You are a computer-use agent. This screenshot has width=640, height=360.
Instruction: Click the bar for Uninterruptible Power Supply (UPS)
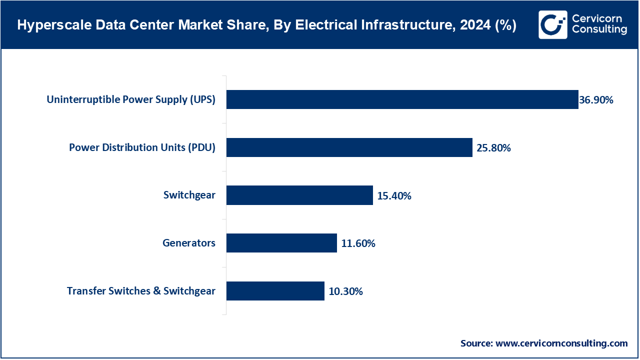click(x=402, y=99)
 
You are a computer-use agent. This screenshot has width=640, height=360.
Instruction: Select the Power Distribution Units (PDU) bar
click(x=349, y=147)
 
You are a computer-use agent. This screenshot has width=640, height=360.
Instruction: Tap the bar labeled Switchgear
click(x=299, y=195)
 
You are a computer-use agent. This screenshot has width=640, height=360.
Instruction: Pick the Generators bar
click(x=281, y=243)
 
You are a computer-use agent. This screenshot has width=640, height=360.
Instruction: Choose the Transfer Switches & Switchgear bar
click(x=275, y=291)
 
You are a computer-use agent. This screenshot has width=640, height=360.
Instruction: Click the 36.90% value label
click(x=596, y=100)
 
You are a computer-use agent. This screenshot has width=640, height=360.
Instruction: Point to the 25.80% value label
click(x=493, y=148)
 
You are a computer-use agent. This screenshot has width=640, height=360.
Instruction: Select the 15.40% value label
click(x=394, y=196)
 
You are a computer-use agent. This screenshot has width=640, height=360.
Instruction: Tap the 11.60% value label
click(x=358, y=244)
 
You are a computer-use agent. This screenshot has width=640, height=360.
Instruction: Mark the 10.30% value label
click(x=345, y=291)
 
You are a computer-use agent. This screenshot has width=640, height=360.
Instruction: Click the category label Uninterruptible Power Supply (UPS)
click(x=131, y=99)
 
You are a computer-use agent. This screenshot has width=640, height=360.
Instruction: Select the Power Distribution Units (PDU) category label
click(x=142, y=147)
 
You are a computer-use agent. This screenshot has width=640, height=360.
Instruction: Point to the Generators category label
click(x=189, y=243)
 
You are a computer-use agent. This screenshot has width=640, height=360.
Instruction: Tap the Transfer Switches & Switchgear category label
click(x=141, y=291)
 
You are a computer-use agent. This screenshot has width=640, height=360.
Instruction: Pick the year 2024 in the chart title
click(x=474, y=25)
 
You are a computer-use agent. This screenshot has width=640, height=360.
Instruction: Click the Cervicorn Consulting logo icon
click(x=552, y=25)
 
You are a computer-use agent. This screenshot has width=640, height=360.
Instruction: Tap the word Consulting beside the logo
click(x=599, y=30)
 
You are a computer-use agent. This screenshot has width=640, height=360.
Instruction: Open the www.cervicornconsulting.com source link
click(x=561, y=343)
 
